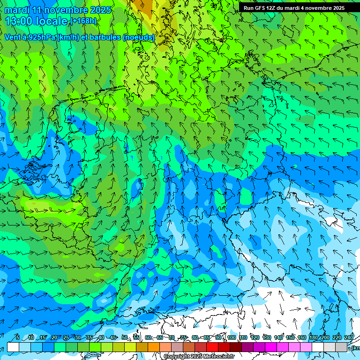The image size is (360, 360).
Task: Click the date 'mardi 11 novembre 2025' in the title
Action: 58,10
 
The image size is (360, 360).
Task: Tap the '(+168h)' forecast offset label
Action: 83,21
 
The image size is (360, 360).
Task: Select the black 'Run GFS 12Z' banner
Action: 294,8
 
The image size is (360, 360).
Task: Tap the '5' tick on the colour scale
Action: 18,338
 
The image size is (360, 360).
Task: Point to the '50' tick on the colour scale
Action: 125,338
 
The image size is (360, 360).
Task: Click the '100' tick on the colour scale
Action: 231,338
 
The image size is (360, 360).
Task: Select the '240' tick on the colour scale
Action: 349,338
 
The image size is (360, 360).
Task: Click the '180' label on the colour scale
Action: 314,338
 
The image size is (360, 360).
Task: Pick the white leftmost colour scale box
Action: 13,347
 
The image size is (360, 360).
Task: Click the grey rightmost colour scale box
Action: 342,347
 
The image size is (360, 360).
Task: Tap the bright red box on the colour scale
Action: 212,347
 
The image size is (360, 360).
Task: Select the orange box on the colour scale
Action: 142,347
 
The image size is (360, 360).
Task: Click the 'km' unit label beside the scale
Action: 356,348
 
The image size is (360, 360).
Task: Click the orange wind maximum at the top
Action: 147,6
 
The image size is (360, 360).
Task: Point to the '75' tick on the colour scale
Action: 183,338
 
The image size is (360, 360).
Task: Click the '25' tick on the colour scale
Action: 66,338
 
